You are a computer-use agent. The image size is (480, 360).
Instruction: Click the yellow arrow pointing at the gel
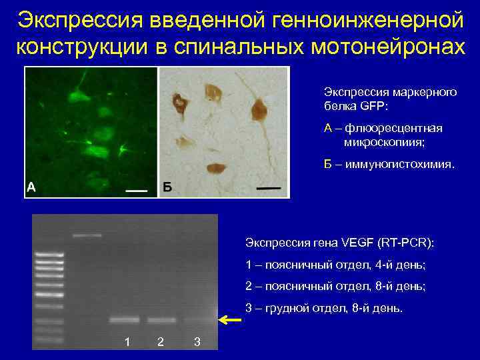[x=231, y=321]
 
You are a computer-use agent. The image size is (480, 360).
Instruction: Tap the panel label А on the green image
[x=31, y=187]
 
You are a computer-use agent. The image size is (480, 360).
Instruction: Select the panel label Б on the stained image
[x=167, y=187]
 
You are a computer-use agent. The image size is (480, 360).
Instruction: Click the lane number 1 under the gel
[x=127, y=342]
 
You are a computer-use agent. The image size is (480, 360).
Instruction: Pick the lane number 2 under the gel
[x=160, y=342]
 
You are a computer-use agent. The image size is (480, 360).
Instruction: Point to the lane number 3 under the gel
[x=197, y=342]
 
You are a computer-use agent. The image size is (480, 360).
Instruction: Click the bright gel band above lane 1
[x=125, y=320]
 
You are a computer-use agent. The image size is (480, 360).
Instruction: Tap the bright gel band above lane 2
[x=161, y=320]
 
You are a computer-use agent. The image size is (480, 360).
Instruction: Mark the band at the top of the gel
[x=87, y=235]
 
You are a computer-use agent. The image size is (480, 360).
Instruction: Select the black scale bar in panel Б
[x=269, y=189]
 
